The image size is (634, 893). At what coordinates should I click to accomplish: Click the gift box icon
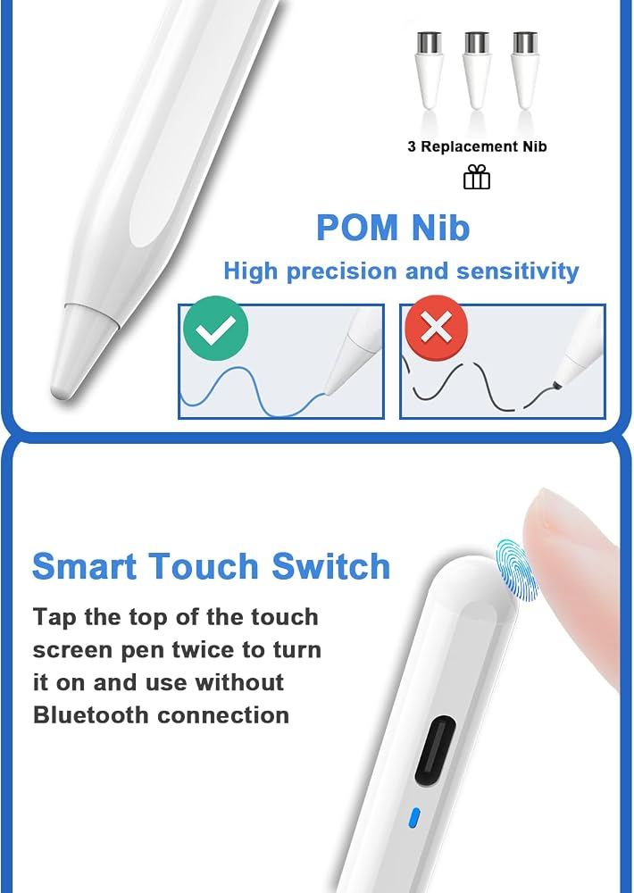[x=476, y=177]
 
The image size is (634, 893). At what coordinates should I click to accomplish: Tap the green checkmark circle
[x=216, y=328]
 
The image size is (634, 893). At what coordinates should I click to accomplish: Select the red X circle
[x=437, y=328]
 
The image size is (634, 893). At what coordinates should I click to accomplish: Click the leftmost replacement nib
[x=429, y=70]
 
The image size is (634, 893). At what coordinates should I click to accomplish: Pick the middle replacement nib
[x=477, y=70]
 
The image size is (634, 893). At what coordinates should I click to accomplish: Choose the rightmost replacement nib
[x=525, y=70]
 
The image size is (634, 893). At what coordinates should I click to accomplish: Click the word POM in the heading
[x=357, y=227]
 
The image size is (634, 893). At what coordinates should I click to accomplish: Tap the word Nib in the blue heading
[x=440, y=227]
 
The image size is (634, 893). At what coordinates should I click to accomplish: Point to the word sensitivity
[x=517, y=271]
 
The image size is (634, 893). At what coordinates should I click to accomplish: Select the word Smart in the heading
[x=85, y=566]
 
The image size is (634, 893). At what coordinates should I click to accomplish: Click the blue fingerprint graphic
[x=516, y=570]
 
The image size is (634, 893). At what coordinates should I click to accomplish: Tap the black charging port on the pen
[x=435, y=750]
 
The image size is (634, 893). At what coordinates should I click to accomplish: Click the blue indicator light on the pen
[x=414, y=817]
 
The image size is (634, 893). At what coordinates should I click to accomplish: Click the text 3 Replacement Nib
[x=477, y=146]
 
